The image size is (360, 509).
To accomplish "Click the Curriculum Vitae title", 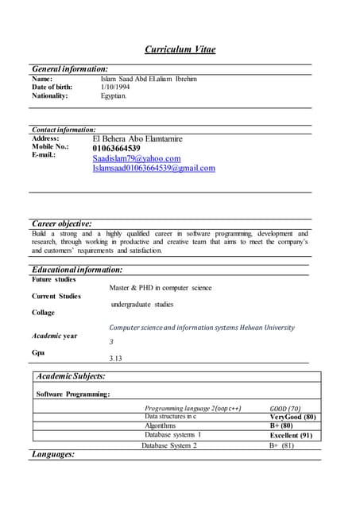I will tap(180, 49).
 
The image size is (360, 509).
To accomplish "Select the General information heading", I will tap(70, 69).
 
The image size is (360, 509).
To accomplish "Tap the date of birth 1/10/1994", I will tap(114, 87).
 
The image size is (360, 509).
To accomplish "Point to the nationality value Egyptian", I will tap(113, 96).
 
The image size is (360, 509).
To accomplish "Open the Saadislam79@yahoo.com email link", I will tap(137, 158).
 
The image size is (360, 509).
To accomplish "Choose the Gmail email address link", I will tap(153, 169).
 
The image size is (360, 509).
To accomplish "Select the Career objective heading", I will tap(61, 223).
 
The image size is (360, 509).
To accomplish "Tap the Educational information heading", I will tap(77, 270).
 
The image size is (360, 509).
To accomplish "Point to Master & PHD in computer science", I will tap(161, 287).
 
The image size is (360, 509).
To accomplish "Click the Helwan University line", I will tap(201, 328).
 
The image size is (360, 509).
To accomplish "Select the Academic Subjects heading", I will tap(71, 376).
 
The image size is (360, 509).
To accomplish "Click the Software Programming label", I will tap(74, 394).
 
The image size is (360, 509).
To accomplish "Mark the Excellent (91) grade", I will tap(291, 435).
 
